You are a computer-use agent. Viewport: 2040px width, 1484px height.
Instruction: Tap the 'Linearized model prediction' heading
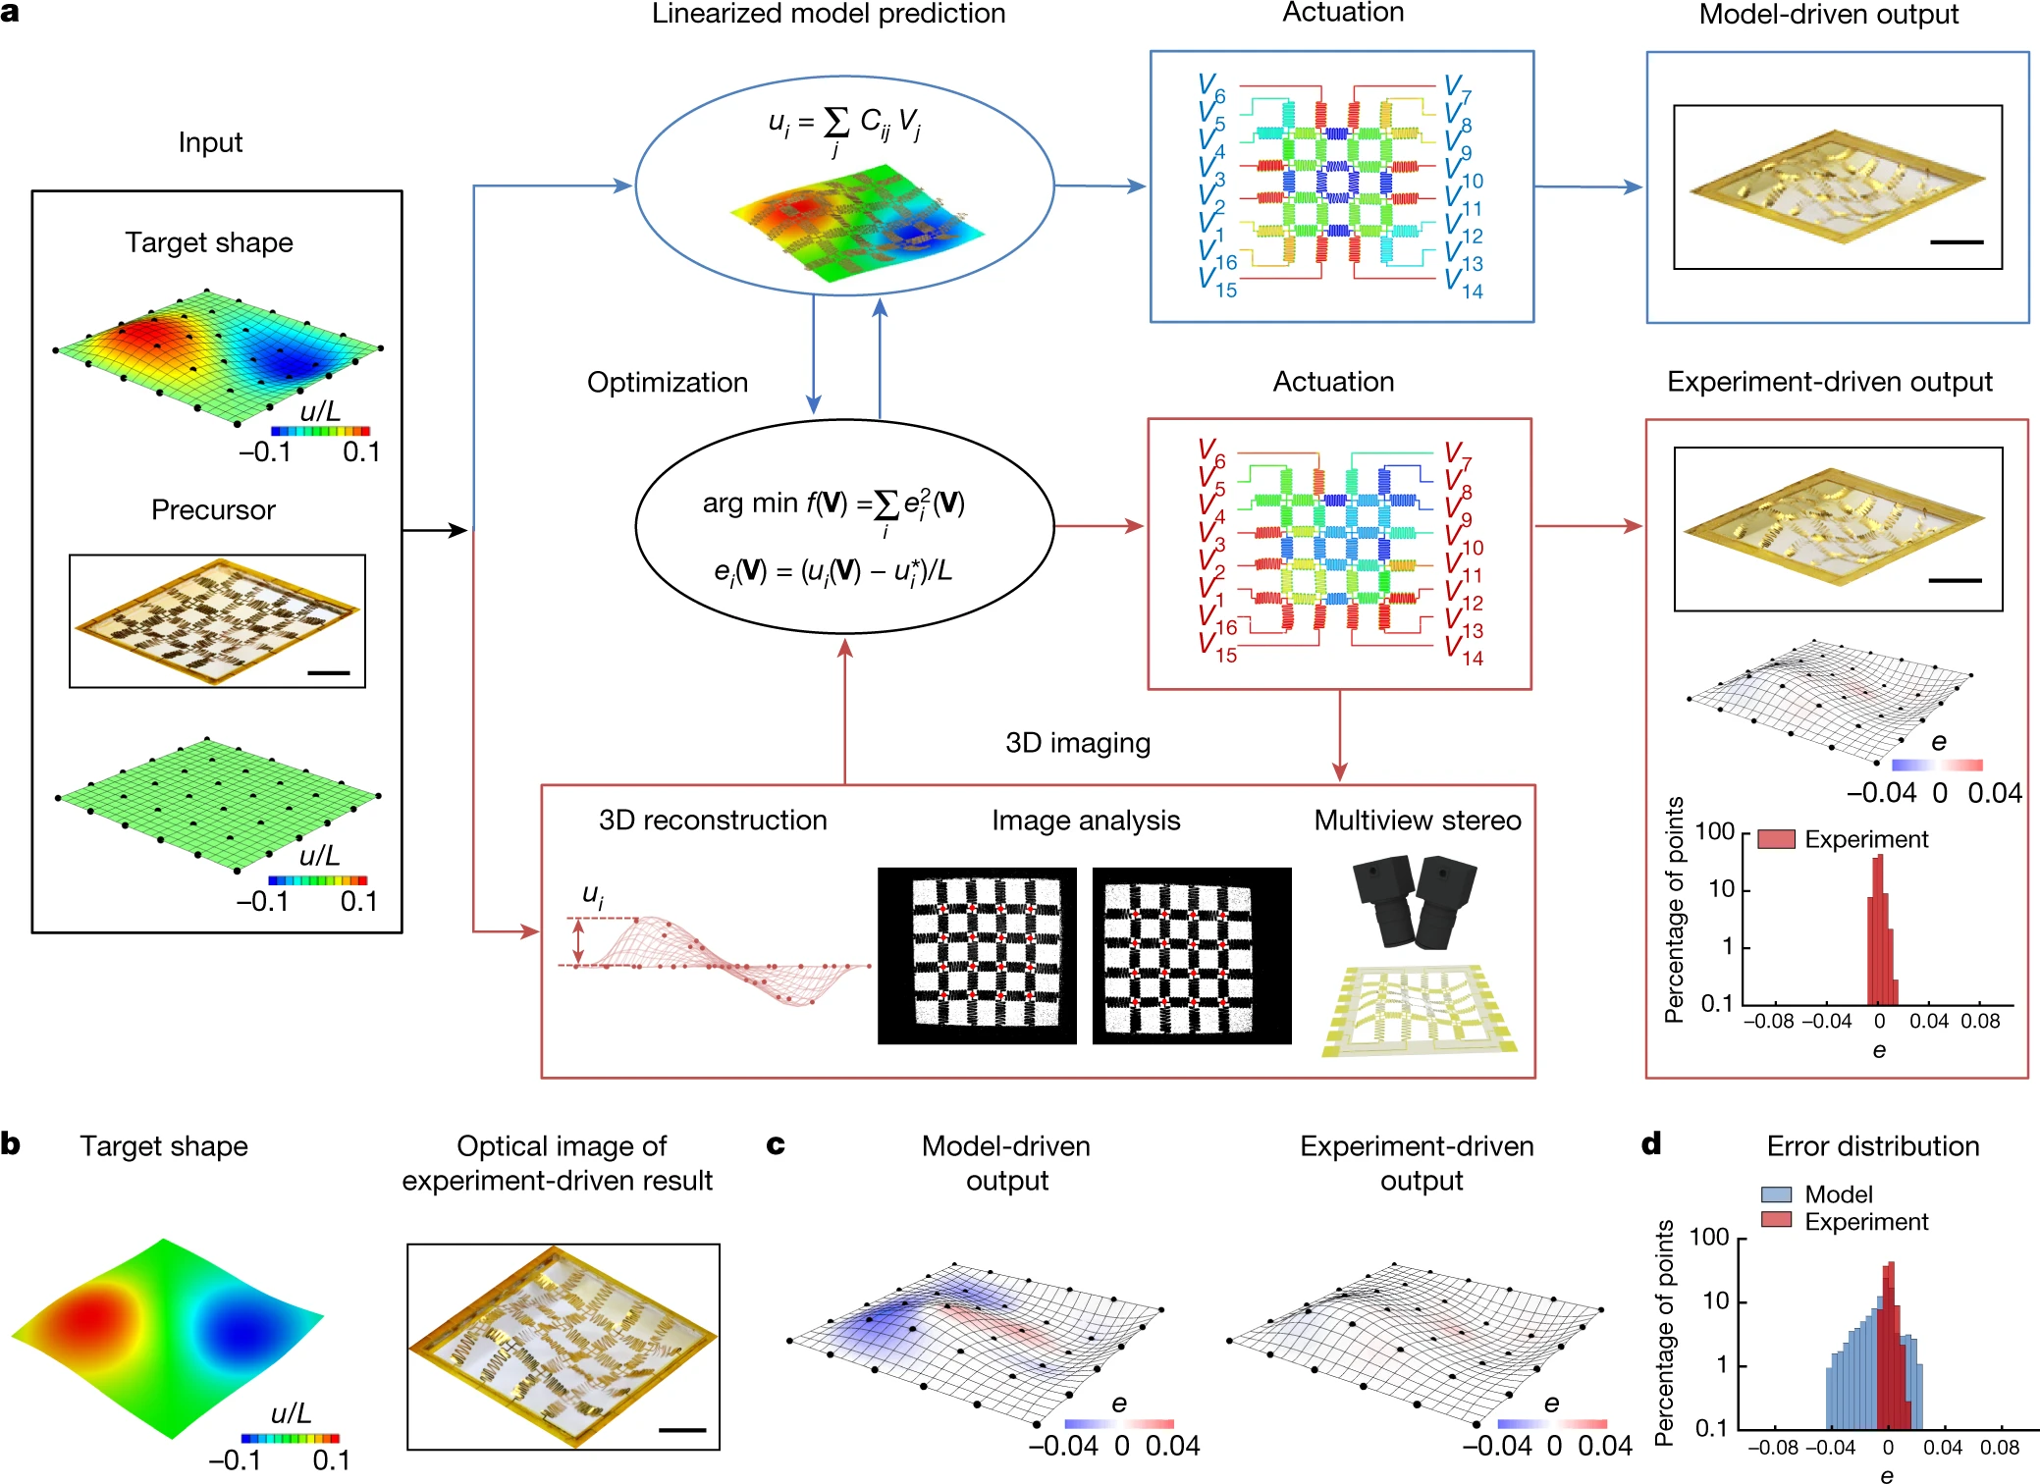pyautogui.click(x=828, y=14)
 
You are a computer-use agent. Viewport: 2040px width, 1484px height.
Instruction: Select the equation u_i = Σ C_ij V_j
pyautogui.click(x=843, y=126)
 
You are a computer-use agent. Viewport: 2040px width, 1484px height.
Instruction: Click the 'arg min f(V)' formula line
pyautogui.click(x=832, y=504)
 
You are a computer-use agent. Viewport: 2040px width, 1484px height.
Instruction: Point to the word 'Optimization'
pyautogui.click(x=667, y=382)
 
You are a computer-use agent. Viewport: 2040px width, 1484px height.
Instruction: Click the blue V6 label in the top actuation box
pyautogui.click(x=1210, y=87)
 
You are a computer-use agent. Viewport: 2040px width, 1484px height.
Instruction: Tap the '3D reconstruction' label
pyautogui.click(x=713, y=820)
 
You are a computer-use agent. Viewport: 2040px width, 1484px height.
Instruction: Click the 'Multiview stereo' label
pyautogui.click(x=1417, y=820)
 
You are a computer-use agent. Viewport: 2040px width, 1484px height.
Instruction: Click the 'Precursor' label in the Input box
pyautogui.click(x=213, y=509)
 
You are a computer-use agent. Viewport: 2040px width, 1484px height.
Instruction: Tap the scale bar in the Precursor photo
pyautogui.click(x=328, y=672)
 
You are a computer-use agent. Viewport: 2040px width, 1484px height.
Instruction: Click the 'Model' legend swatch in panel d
pyautogui.click(x=1776, y=1194)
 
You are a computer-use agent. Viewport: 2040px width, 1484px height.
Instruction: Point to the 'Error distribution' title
pyautogui.click(x=1872, y=1145)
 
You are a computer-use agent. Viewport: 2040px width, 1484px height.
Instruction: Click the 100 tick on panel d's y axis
pyautogui.click(x=1708, y=1237)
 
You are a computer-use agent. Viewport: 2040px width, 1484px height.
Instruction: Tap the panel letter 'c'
pyautogui.click(x=776, y=1144)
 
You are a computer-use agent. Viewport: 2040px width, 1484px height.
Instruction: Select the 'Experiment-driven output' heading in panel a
pyautogui.click(x=1829, y=382)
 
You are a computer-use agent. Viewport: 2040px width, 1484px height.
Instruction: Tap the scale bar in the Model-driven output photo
pyautogui.click(x=1956, y=241)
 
